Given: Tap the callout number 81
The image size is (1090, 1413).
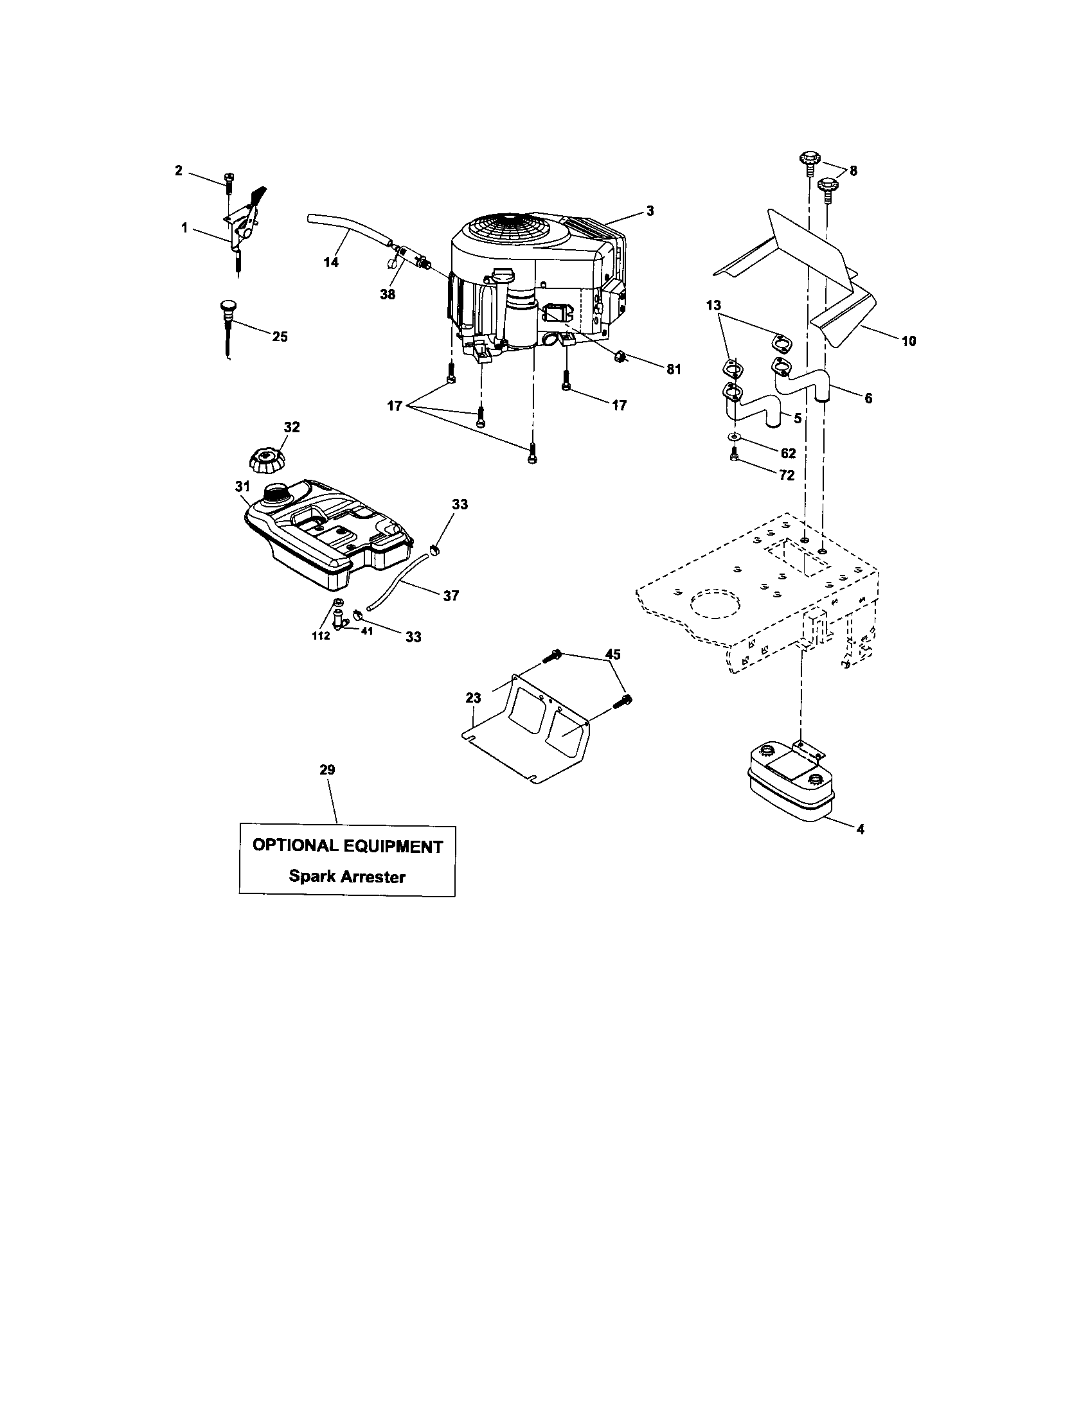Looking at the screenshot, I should (x=674, y=369).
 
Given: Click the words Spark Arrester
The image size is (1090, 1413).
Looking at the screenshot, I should (x=347, y=877).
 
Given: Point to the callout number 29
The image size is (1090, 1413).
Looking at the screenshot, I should (x=328, y=770).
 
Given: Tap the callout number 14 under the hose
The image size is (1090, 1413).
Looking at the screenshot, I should (x=331, y=262).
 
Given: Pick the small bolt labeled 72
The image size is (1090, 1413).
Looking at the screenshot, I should (x=734, y=457).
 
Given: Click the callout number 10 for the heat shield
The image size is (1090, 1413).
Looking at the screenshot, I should (x=909, y=341).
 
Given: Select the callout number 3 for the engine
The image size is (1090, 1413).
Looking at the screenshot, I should (x=650, y=211).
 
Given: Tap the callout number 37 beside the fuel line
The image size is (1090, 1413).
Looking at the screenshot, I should (x=451, y=595).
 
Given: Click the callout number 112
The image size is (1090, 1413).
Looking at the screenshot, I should (x=321, y=636).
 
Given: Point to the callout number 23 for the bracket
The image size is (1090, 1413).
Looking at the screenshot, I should (x=473, y=698).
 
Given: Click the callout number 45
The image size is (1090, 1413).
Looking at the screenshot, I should (x=612, y=654).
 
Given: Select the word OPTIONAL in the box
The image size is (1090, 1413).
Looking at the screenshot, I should (x=295, y=846).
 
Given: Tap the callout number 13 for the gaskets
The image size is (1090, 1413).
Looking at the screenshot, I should (x=713, y=304).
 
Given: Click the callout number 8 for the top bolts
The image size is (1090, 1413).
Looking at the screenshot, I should (x=853, y=171).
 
